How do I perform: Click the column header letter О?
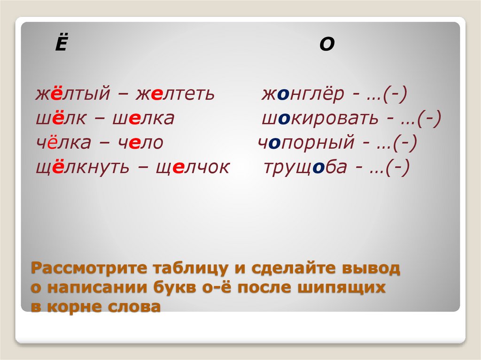tap(327, 45)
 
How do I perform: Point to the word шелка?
tap(143, 119)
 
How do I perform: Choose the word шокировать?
tap(320, 119)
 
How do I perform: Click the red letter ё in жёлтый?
tap(56, 93)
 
